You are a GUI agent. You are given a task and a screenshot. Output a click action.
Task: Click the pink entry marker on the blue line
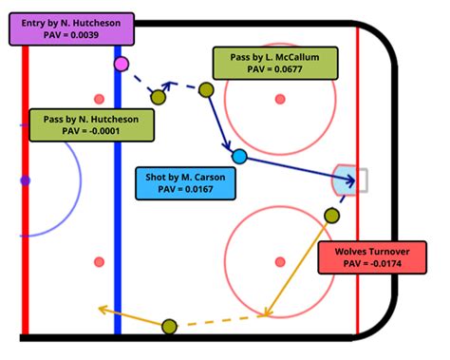pyautogui.click(x=121, y=65)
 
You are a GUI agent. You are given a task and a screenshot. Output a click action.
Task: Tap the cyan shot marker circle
pyautogui.click(x=239, y=155)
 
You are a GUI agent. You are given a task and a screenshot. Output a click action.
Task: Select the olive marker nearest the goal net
pyautogui.click(x=330, y=216)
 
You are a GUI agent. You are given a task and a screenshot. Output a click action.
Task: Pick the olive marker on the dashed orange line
pyautogui.click(x=170, y=328)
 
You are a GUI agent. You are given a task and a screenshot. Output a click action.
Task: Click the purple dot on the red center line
pyautogui.click(x=25, y=180)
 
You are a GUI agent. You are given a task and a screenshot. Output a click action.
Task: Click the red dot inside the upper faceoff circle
pyautogui.click(x=279, y=99)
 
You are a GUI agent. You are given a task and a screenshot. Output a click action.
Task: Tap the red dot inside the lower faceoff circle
pyautogui.click(x=279, y=260)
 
